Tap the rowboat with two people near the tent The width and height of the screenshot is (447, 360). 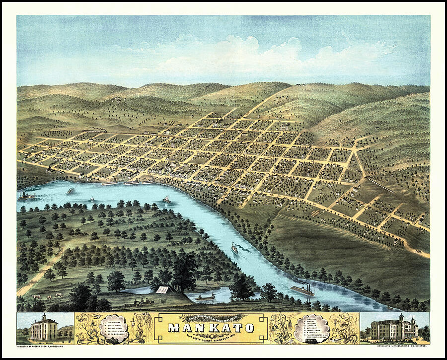(205, 297)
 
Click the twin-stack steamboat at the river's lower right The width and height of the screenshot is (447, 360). (302, 290)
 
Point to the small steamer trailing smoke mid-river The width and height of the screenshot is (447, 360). (234, 248)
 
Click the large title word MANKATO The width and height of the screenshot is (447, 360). (211, 327)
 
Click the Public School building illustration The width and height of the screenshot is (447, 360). (44, 328)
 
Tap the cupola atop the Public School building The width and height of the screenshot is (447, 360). (44, 317)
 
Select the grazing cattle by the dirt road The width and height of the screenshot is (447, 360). (47, 296)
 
